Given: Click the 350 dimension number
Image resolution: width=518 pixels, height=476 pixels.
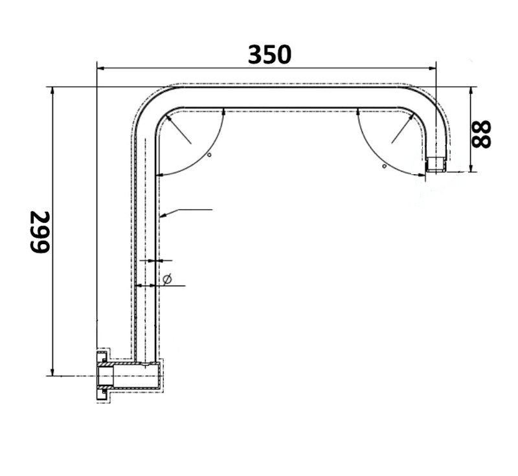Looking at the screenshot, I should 269,54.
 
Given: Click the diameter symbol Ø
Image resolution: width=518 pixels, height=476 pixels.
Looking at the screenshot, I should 168,279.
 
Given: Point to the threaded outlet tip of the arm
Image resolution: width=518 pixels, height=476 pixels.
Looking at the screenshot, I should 436,164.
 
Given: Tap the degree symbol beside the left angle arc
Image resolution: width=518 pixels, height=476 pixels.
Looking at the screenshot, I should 210,155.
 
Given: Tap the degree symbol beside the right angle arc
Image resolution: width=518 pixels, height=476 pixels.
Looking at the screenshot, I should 384,166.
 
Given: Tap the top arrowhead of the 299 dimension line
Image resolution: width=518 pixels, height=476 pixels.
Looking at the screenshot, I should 52,91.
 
